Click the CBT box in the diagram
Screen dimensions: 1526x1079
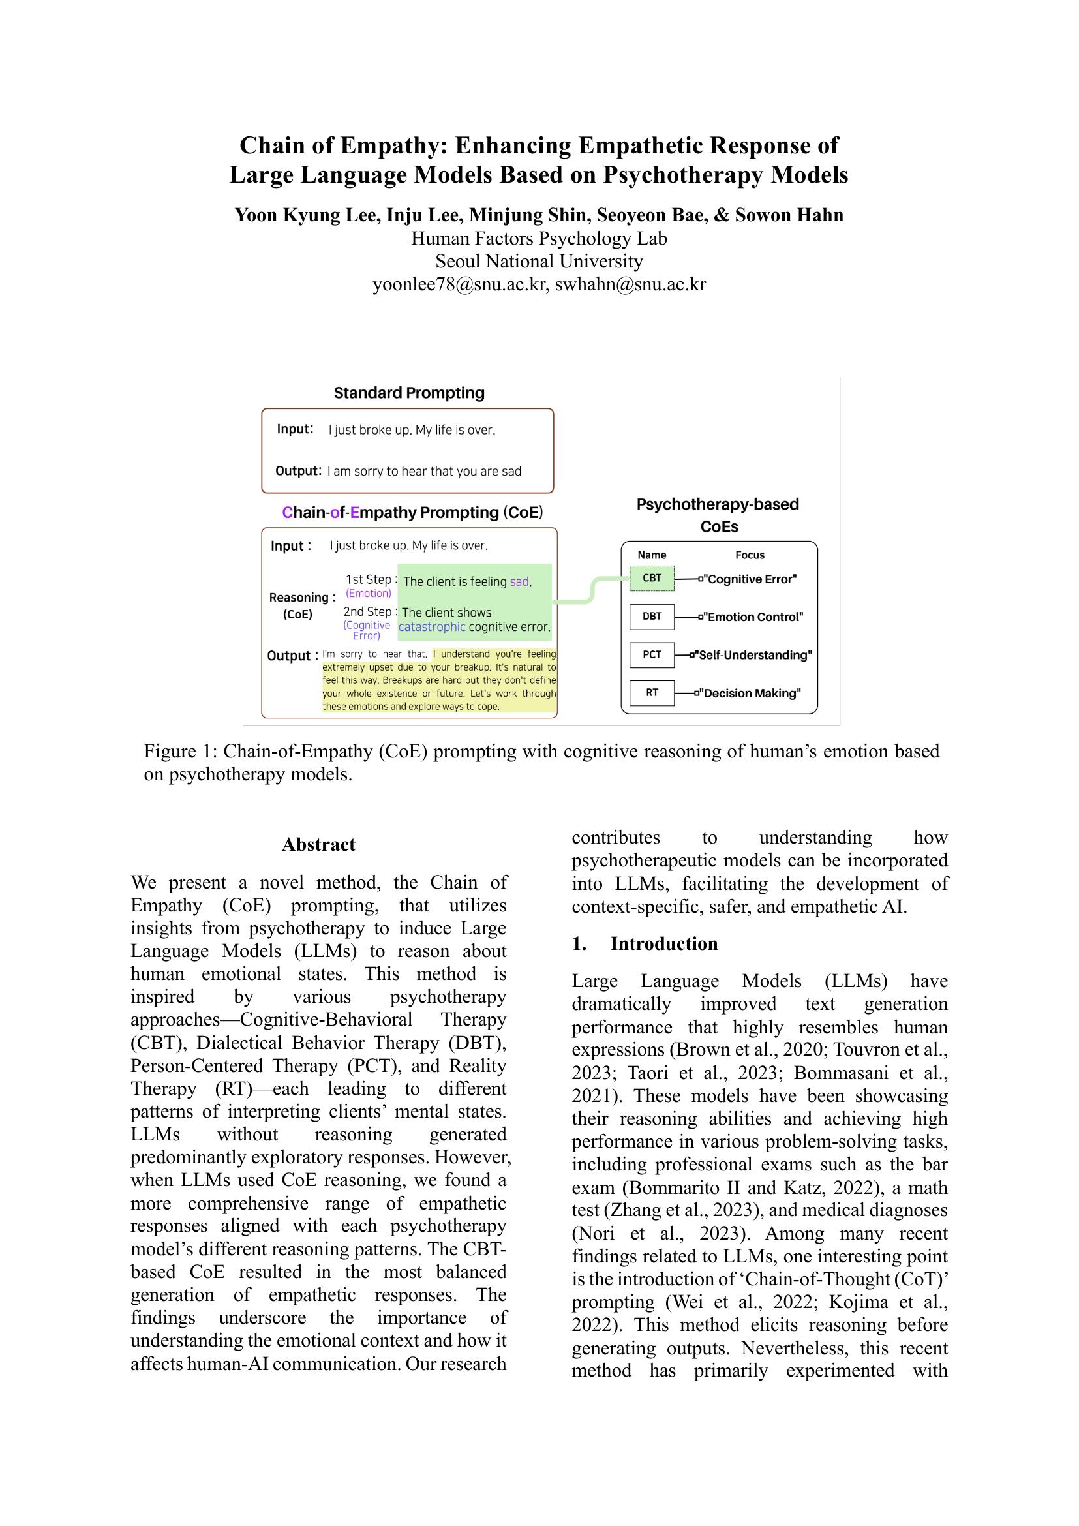[651, 578]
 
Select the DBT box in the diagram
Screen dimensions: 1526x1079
[651, 616]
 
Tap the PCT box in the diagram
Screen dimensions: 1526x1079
[651, 654]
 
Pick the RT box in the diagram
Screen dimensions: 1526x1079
[651, 693]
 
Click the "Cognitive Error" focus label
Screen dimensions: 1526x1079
[752, 579]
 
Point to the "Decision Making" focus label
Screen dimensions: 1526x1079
[752, 694]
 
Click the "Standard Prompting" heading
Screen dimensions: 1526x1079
[408, 393]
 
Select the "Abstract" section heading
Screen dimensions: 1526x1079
[318, 845]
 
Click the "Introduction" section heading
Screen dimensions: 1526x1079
[663, 944]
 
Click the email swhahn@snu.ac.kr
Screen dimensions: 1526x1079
[630, 284]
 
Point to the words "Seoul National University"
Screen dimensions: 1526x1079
[539, 261]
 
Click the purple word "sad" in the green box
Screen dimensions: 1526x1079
[519, 581]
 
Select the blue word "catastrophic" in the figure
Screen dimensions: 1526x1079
[432, 627]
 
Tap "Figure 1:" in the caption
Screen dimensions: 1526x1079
[181, 752]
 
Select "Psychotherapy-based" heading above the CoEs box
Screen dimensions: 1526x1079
[718, 504]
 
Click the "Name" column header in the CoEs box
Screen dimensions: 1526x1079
[651, 555]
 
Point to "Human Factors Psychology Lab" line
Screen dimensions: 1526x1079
[539, 239]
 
